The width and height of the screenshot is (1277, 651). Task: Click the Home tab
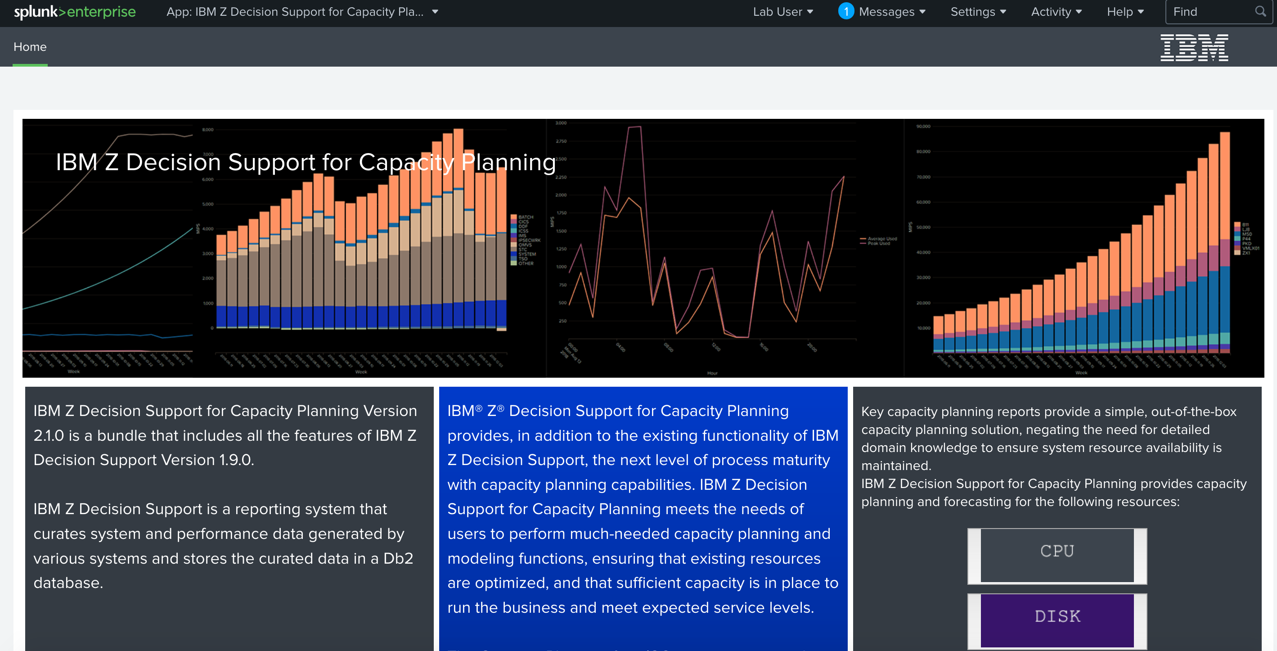[x=30, y=47]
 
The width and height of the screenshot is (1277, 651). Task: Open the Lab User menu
[x=782, y=12]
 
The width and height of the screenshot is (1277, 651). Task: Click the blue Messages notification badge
[x=846, y=11]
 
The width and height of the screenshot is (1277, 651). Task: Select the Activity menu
[x=1056, y=12]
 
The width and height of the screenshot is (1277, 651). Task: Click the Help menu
[x=1125, y=12]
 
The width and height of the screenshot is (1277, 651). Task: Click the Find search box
[x=1210, y=12]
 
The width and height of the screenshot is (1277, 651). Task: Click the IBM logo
[x=1194, y=48]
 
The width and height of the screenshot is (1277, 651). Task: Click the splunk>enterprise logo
[x=74, y=12]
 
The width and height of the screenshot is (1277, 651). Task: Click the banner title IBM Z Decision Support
[x=306, y=162]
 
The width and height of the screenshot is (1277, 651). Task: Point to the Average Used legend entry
[x=882, y=239]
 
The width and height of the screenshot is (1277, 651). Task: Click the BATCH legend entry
[x=526, y=217]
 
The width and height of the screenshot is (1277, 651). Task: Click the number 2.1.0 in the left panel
[x=49, y=435]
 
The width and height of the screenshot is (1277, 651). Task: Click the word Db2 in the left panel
[x=398, y=558]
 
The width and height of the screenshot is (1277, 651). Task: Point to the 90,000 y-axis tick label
[x=923, y=127]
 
